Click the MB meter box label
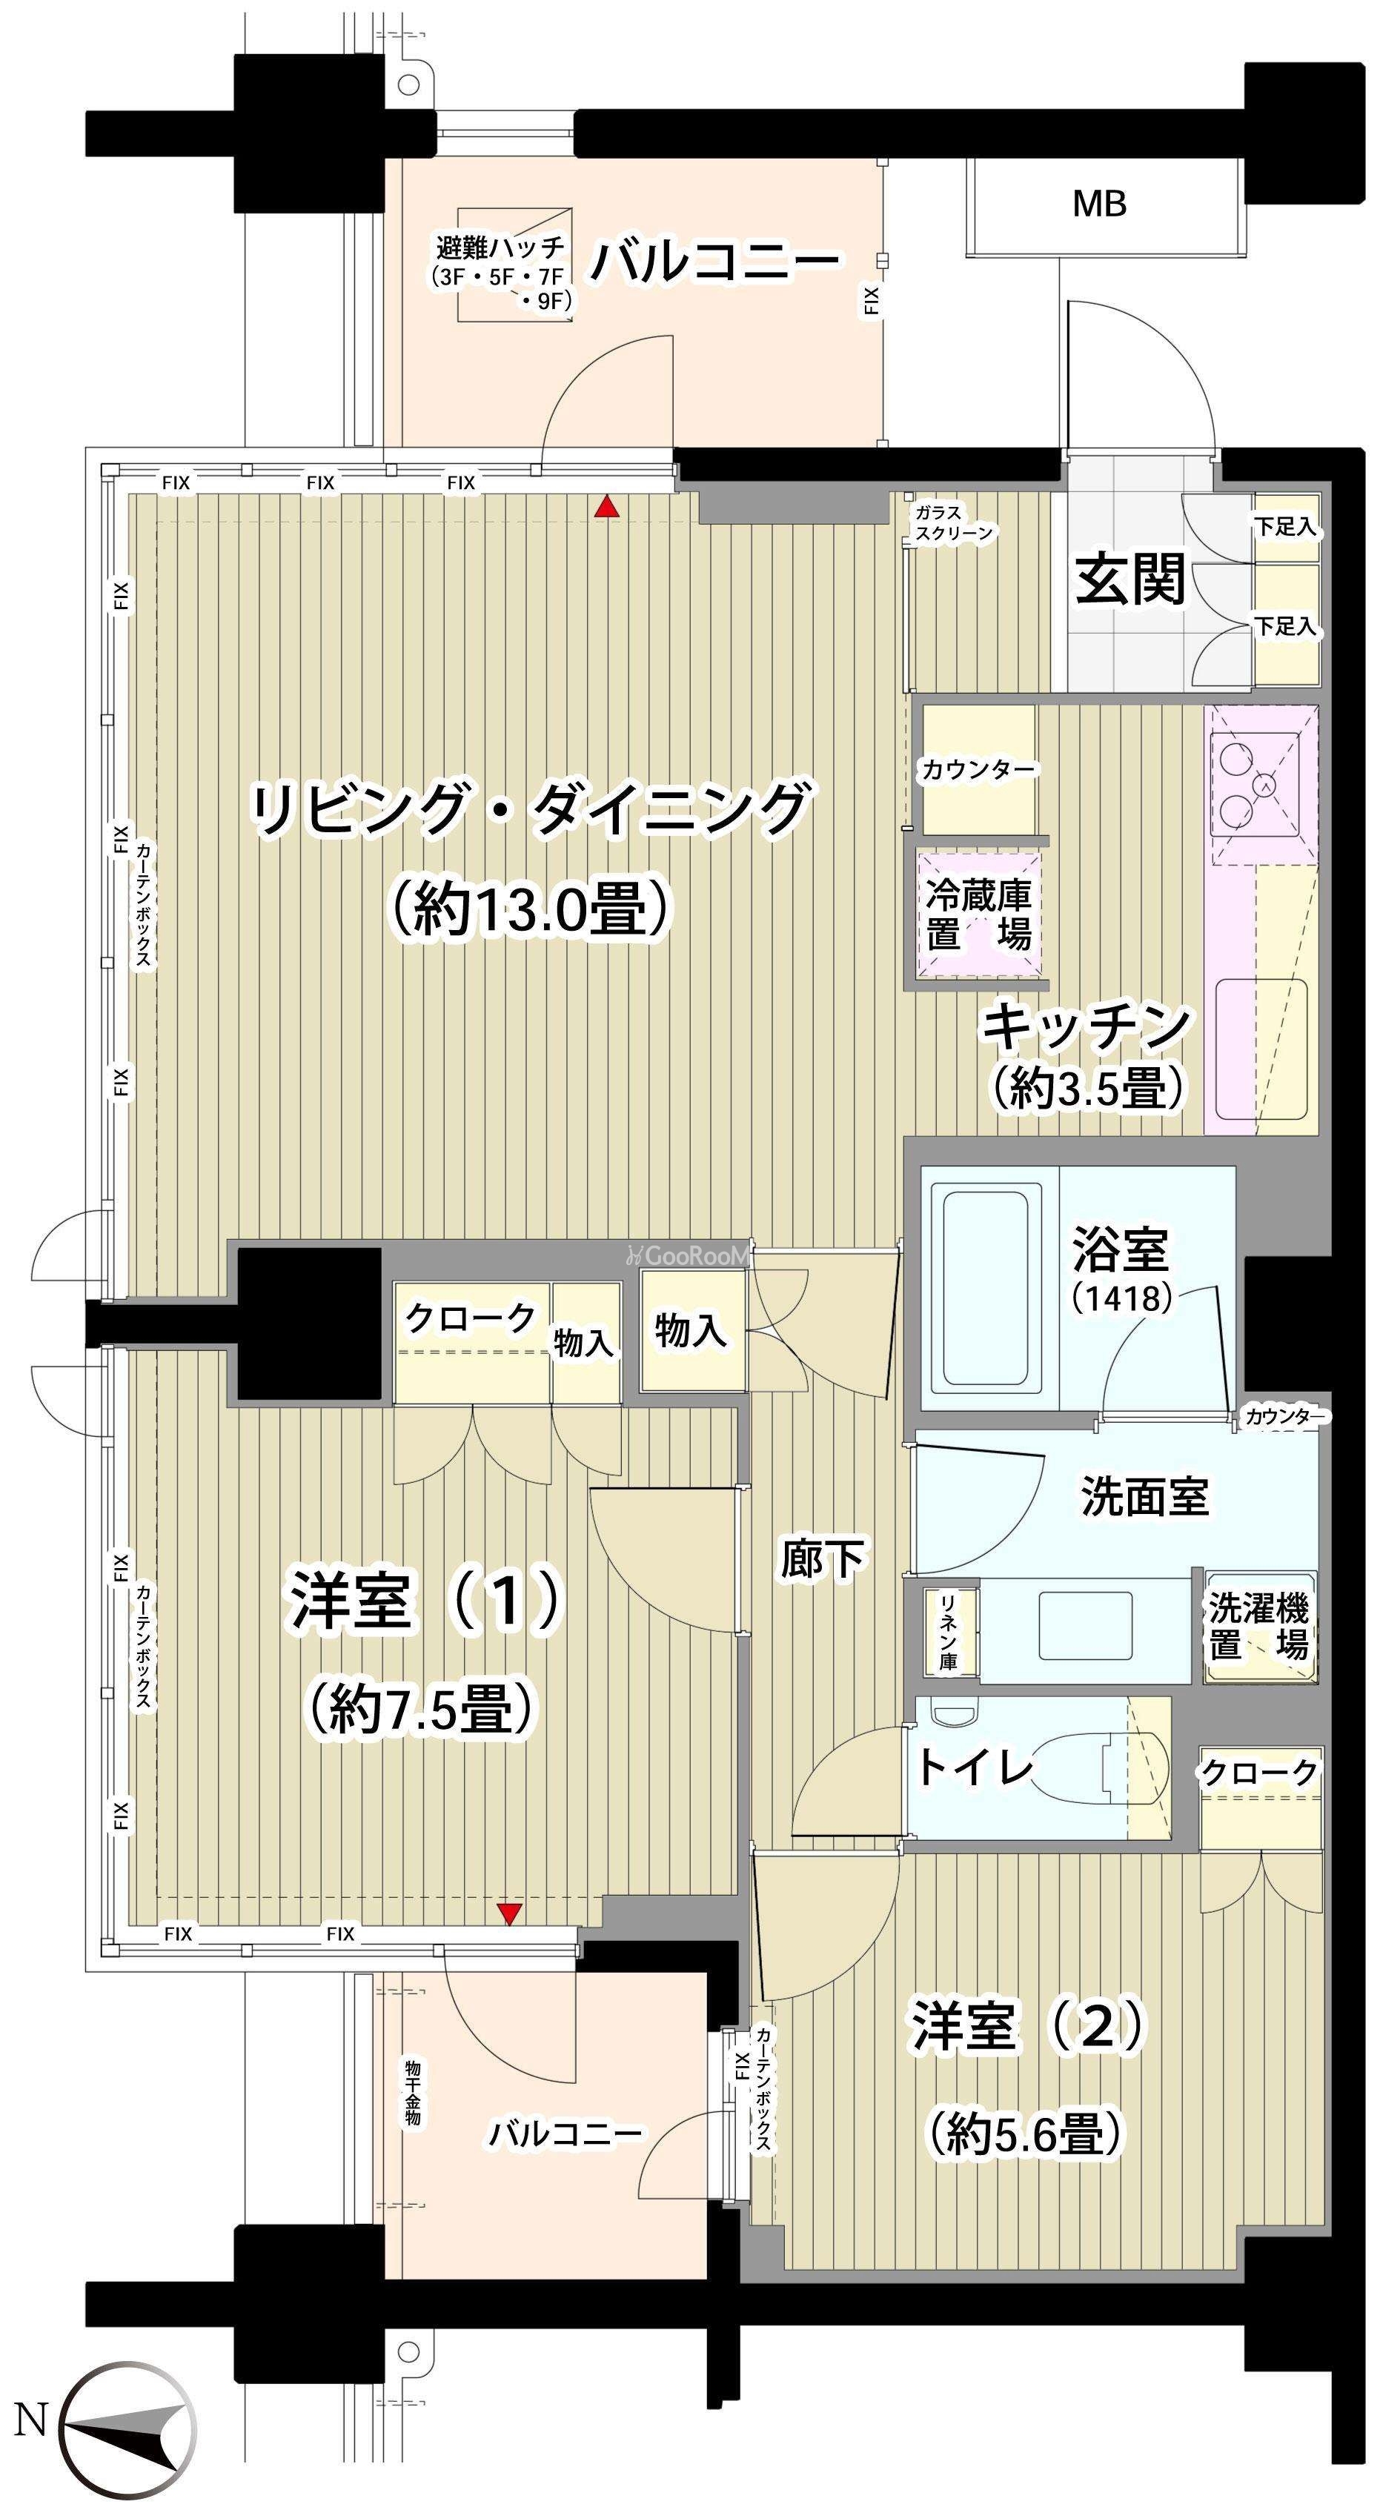click(1099, 204)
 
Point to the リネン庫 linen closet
click(947, 1629)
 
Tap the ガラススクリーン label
click(953, 522)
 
